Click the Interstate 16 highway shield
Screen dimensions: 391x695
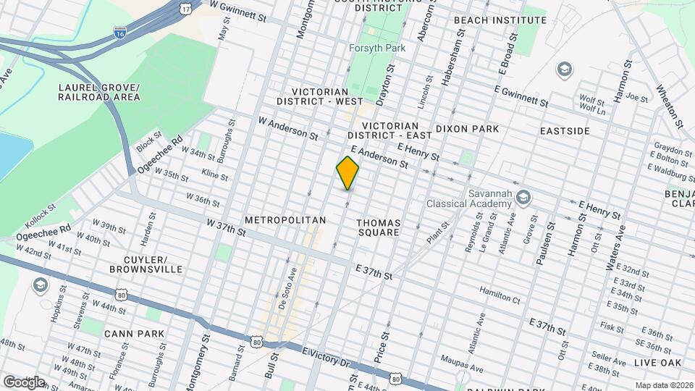pos(120,33)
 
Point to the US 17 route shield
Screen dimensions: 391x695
pos(186,8)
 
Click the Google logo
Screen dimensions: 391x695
pos(25,382)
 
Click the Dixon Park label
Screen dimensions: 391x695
pos(467,130)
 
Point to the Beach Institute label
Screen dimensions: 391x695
pos(489,20)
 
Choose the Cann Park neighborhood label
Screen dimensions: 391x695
pos(134,334)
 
